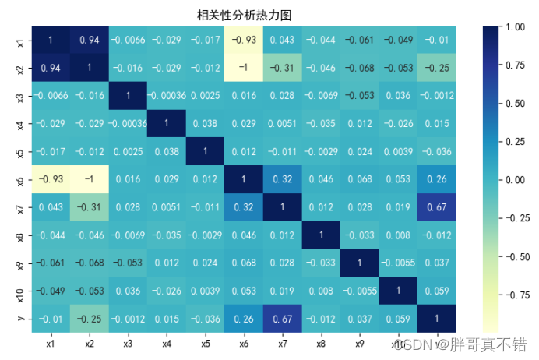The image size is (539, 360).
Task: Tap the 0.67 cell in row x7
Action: click(x=437, y=207)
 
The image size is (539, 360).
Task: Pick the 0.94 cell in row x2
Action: click(x=51, y=68)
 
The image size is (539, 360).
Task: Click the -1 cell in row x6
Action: click(x=90, y=179)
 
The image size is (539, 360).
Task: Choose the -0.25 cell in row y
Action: click(x=90, y=319)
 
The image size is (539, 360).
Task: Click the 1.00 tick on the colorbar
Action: click(x=514, y=26)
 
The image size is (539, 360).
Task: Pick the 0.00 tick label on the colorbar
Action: click(x=514, y=180)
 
